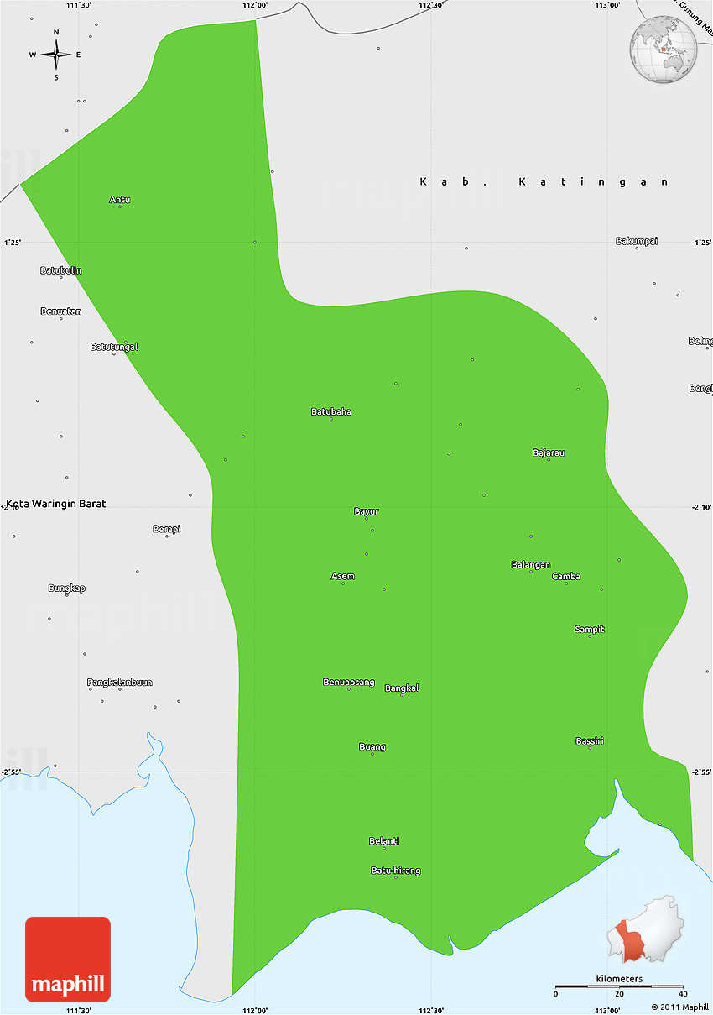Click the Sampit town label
coord(589,629)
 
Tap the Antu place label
coord(119,200)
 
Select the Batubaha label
coord(330,411)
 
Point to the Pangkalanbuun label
coord(120,683)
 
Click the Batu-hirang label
coord(395,871)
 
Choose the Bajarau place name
coord(548,453)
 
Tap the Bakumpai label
coord(637,241)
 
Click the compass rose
coord(56,55)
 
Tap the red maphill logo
coord(68,959)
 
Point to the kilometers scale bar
coord(619,985)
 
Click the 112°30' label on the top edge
coord(430,5)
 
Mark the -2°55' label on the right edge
coord(701,772)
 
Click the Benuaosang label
coord(348,682)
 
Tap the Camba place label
coord(566,576)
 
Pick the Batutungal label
coord(114,346)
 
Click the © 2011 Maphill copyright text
coord(679,1007)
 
